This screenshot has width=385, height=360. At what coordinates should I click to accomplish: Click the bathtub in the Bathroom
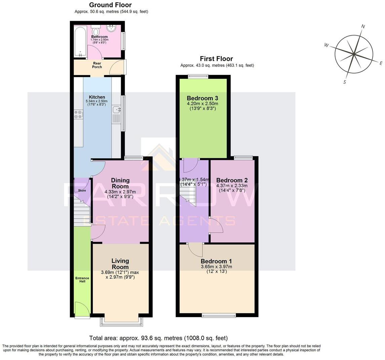coord(80,41)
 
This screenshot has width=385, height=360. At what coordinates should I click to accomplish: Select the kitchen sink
coord(116,109)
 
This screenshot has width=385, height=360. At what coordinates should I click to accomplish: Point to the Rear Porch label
coord(97,65)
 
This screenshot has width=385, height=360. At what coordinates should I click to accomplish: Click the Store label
coord(82,190)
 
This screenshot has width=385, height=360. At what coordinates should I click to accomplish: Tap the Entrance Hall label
coord(82,280)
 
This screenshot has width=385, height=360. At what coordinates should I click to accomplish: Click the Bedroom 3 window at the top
coord(198,77)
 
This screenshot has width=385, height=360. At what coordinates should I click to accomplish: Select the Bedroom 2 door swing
coord(215,225)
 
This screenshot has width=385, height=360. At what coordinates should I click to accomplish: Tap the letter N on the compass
coord(363,27)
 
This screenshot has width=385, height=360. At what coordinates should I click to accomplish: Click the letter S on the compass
coord(345,82)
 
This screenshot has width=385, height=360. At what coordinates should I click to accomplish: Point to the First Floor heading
coord(216,59)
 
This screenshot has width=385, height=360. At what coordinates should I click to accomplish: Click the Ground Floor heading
coord(110,5)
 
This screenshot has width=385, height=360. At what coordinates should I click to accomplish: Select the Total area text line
coord(159,338)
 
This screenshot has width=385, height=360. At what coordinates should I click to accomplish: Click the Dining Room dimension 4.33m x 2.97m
coord(120,192)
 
